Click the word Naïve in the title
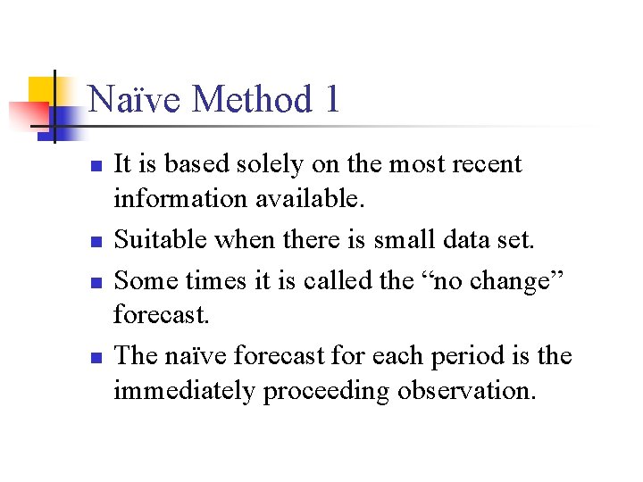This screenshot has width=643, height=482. (135, 99)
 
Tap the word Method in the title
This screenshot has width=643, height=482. (244, 99)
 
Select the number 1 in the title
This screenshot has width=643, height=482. (330, 99)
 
